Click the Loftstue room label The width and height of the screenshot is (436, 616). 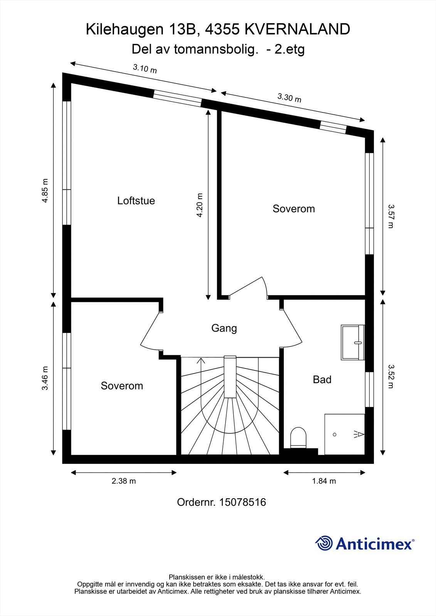point(136,201)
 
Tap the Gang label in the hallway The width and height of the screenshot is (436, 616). point(224,328)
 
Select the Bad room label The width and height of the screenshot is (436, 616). point(322,380)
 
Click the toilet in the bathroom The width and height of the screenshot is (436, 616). point(298,437)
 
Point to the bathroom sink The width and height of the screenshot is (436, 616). point(353,342)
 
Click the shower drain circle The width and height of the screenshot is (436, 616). point(335,435)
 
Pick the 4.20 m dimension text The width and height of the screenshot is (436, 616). point(200,205)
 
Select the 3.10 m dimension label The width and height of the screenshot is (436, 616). point(145,69)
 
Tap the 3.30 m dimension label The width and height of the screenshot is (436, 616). point(289,97)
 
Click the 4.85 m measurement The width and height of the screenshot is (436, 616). point(45,191)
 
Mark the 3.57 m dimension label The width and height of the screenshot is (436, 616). point(391,216)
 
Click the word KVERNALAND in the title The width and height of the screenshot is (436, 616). point(297,29)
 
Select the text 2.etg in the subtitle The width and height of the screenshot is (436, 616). point(290,50)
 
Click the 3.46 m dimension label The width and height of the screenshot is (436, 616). point(45,378)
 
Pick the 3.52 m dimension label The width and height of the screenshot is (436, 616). point(391,376)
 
